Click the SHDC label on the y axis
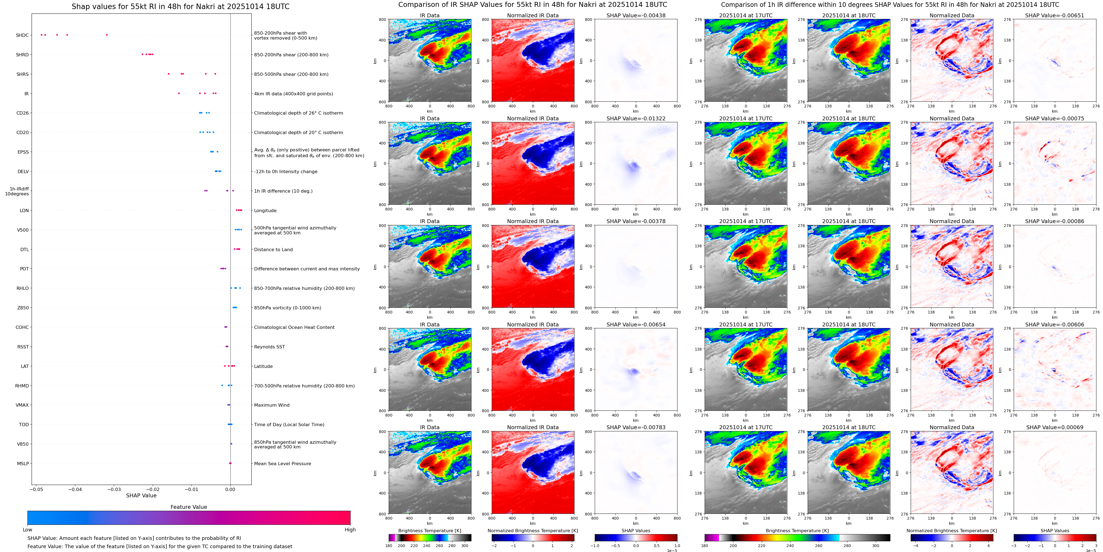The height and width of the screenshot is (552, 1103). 22,35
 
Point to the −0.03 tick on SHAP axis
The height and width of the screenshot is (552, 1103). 114,489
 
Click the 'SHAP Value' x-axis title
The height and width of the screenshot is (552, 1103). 141,495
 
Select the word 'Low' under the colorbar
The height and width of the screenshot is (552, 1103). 27,530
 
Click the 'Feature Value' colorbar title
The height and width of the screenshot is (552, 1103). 188,507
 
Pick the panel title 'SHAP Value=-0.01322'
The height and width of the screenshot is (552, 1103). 636,119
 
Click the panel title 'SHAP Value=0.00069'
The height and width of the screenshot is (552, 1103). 1055,427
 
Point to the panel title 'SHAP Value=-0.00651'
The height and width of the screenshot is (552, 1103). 1055,15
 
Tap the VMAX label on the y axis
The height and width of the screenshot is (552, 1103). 22,405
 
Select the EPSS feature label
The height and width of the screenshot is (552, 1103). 23,152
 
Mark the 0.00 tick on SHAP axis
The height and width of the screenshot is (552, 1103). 230,489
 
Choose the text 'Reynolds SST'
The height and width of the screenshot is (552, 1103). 269,347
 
